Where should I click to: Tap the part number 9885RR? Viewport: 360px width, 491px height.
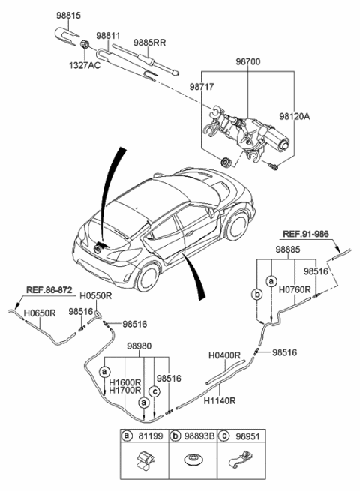pos(150,42)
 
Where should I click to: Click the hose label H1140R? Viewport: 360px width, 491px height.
pos(220,401)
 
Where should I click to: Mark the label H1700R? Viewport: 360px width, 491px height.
pos(124,390)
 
